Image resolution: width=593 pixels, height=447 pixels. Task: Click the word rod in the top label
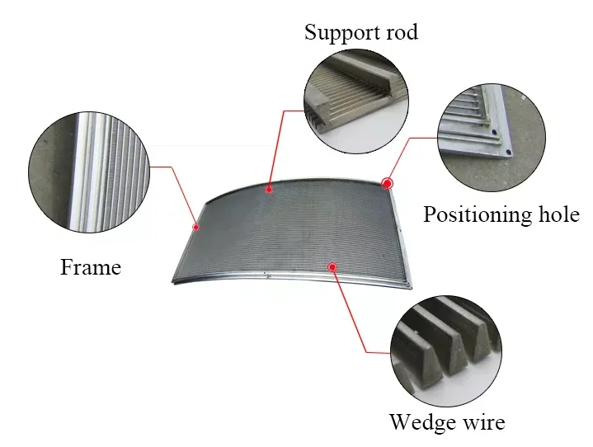point(402,32)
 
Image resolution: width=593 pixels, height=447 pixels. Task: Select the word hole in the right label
point(559,214)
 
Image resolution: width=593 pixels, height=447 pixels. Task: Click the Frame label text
point(91,267)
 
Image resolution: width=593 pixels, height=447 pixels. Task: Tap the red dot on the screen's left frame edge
point(196,227)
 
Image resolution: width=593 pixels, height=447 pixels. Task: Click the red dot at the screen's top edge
point(269,189)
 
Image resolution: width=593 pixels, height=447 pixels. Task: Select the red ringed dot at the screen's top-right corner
point(388,184)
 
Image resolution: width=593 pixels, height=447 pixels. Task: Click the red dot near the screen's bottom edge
point(332,267)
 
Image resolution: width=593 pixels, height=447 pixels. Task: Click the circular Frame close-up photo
point(89,172)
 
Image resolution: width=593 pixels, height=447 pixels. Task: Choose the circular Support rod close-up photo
point(356,101)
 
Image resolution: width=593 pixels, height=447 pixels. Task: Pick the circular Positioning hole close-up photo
point(492,137)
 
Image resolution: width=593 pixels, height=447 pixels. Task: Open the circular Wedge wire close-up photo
point(446,351)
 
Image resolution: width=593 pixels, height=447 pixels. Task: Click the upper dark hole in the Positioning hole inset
point(494,132)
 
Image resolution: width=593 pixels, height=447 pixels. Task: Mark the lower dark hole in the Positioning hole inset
point(509,152)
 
